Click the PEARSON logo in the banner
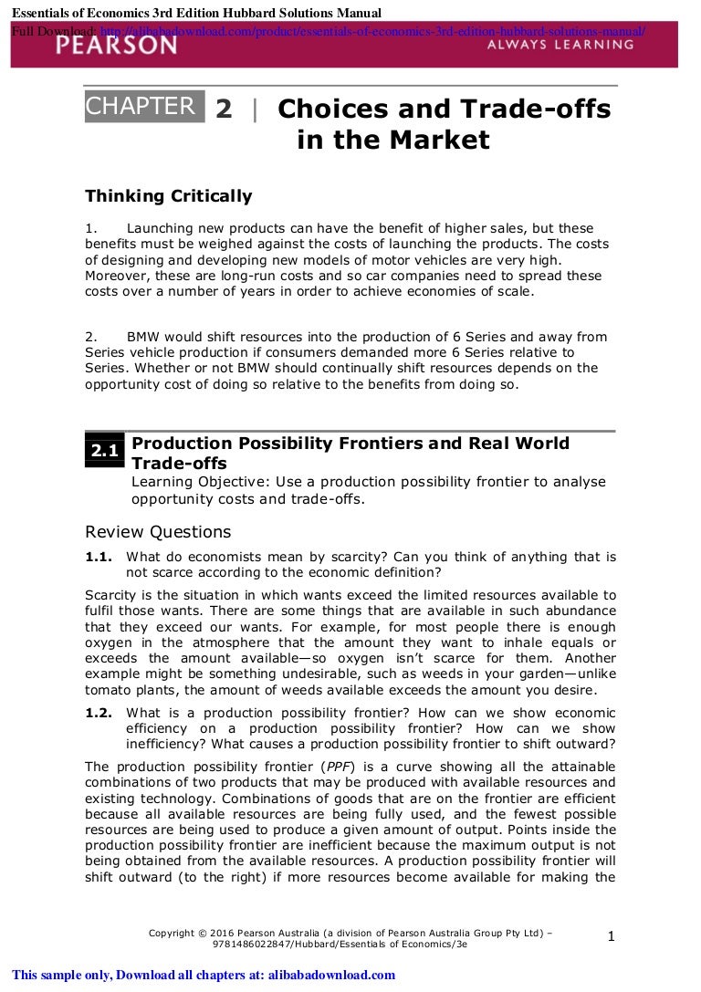pos(116,43)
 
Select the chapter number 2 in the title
pos(224,110)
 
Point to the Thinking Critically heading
pos(168,196)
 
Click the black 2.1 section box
pos(104,451)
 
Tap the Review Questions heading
pos(158,531)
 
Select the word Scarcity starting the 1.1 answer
pos(114,595)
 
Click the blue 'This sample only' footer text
pos(204,975)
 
